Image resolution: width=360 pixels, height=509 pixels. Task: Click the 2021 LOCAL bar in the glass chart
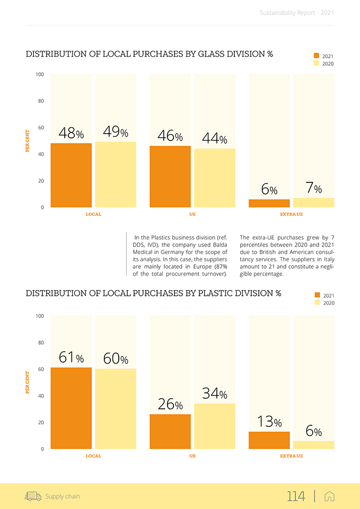[71, 175]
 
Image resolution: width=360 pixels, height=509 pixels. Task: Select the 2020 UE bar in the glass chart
[214, 178]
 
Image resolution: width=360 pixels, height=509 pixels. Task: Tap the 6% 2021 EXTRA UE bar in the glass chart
[269, 203]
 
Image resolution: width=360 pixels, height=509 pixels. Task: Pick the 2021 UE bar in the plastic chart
[170, 431]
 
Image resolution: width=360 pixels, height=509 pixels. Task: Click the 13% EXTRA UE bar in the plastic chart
[269, 440]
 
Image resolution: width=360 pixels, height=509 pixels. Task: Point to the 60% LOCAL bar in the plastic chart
[115, 408]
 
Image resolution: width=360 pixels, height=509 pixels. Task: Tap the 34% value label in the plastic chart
[215, 393]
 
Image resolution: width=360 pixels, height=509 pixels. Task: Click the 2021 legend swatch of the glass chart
[317, 56]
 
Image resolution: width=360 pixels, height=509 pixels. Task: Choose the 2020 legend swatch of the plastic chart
[317, 303]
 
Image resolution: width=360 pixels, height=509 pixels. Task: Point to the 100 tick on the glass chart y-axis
[40, 74]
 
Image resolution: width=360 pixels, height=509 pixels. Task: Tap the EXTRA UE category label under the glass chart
[292, 215]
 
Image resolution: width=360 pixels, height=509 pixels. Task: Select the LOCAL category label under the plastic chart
[93, 456]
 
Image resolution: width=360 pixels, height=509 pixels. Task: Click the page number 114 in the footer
[296, 496]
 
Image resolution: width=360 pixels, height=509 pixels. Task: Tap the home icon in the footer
[329, 496]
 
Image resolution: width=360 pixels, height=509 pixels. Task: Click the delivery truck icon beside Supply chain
[33, 496]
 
